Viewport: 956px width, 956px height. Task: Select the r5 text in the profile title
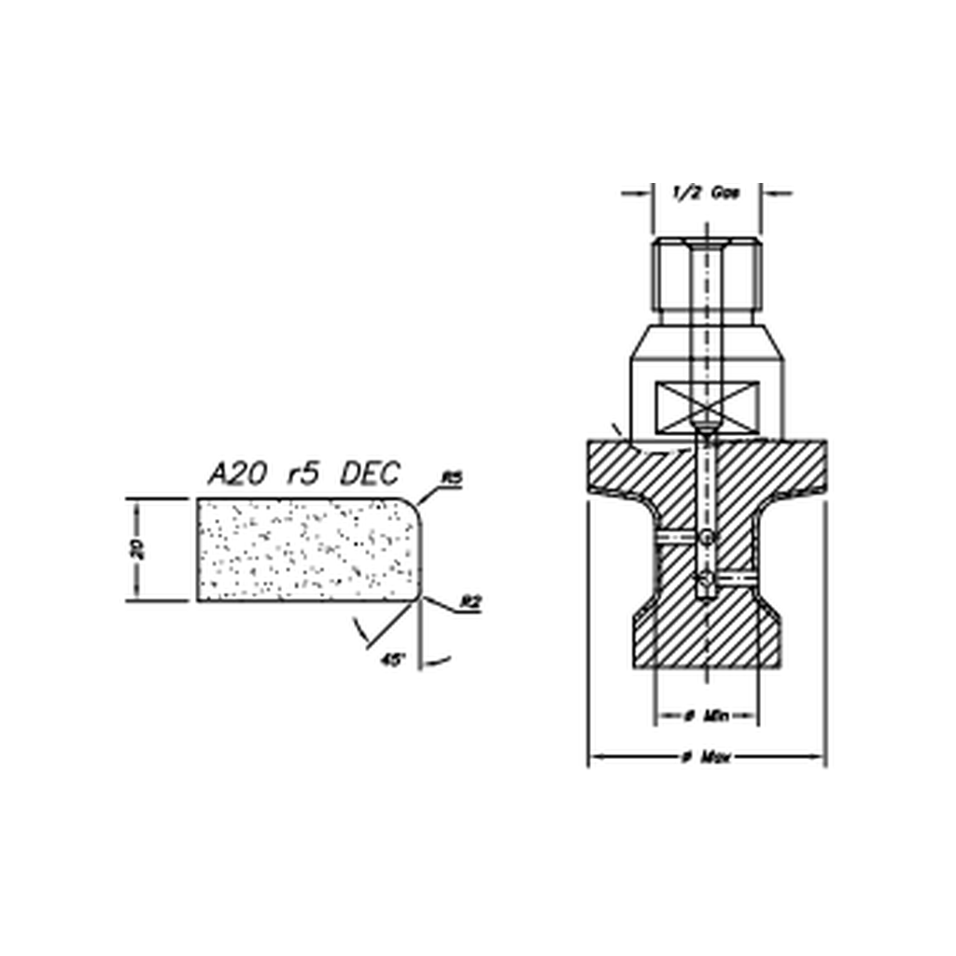click(x=304, y=474)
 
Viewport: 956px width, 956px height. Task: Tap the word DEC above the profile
click(x=370, y=474)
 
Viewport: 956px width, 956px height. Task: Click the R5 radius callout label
click(x=452, y=478)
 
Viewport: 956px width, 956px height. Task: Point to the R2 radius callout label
click(x=471, y=602)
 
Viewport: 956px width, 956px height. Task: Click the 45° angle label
click(x=393, y=659)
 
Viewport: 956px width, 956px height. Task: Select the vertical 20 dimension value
click(x=136, y=549)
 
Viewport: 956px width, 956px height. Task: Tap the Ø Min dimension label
click(x=705, y=716)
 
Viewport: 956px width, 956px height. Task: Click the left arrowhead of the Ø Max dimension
click(x=593, y=757)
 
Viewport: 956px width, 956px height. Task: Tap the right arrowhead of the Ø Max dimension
click(x=820, y=757)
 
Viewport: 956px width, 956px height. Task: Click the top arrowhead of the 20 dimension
click(x=136, y=505)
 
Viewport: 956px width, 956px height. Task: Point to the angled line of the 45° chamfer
click(x=392, y=623)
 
